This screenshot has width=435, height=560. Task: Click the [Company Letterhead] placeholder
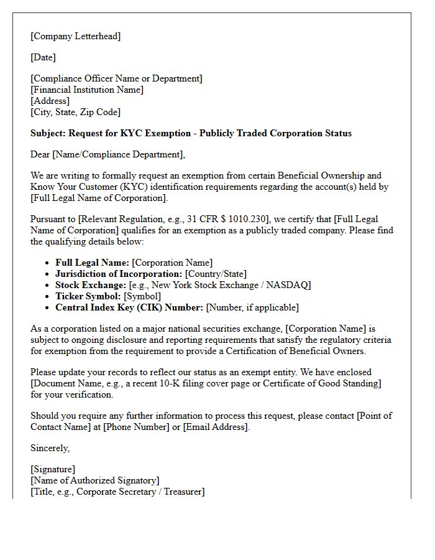tap(75, 36)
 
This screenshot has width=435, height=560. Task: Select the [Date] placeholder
tap(43, 57)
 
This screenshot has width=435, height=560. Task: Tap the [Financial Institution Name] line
tap(87, 90)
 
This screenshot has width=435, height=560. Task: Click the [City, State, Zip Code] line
tap(75, 112)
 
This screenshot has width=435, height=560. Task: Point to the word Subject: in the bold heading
tap(48, 133)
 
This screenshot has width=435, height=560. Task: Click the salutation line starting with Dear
tap(108, 154)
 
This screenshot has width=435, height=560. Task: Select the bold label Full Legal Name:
tap(92, 263)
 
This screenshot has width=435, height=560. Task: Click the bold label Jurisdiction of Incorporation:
tap(119, 274)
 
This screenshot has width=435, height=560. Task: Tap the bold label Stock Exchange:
tap(89, 285)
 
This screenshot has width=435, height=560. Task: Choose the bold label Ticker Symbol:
tap(88, 296)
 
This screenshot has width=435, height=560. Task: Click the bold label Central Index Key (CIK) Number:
tap(129, 307)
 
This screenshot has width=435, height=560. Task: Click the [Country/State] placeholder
tap(216, 274)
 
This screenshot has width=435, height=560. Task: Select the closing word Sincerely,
tap(50, 448)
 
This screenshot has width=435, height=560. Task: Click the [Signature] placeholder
tap(53, 469)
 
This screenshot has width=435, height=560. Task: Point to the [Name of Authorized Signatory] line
tap(95, 480)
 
